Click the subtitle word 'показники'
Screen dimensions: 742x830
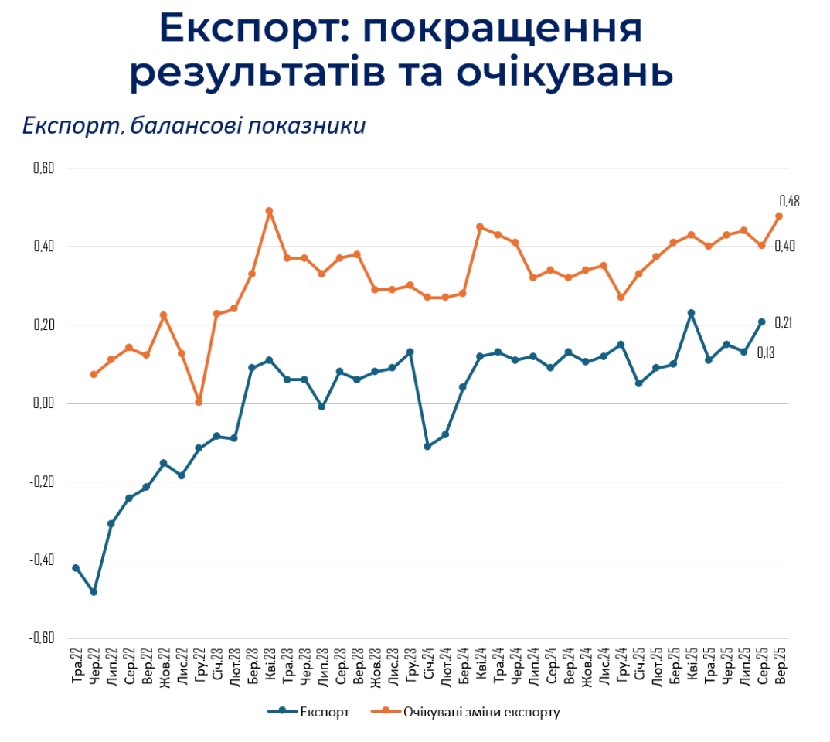[308, 125]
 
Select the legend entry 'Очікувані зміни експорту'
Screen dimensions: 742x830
[481, 712]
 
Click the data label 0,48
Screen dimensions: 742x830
[789, 201]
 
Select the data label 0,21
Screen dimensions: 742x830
[784, 322]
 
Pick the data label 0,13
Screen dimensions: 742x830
[766, 352]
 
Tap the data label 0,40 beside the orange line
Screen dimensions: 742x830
[785, 246]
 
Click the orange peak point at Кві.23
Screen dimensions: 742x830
[269, 211]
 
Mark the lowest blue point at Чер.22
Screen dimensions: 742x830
[94, 592]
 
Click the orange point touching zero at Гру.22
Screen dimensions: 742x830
[199, 402]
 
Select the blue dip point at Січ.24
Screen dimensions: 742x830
[427, 447]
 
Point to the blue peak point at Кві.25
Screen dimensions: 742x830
[691, 313]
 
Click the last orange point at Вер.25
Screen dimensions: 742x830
[779, 216]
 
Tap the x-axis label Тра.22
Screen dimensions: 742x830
[77, 667]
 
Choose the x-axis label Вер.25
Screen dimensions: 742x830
[780, 667]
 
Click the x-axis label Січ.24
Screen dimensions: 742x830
[428, 667]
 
